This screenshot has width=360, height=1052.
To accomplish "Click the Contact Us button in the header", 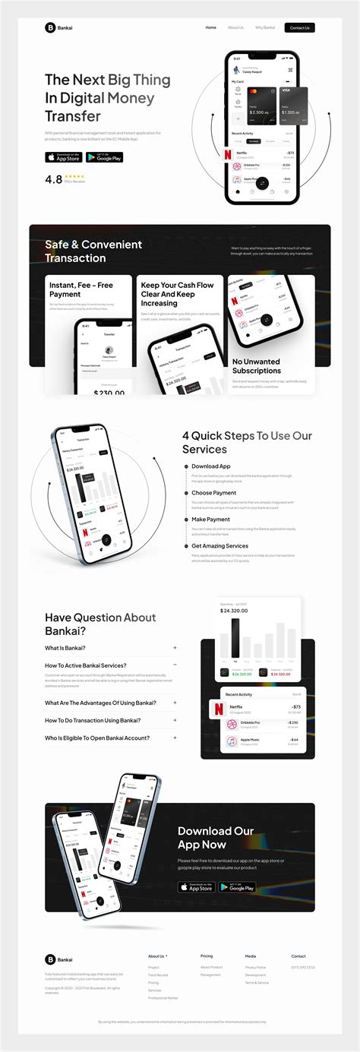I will (299, 28).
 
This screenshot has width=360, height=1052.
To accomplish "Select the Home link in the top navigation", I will (210, 28).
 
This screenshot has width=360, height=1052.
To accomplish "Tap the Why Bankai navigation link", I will (265, 28).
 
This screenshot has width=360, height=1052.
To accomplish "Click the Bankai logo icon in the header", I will (50, 28).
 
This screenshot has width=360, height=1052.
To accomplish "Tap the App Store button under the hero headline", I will (63, 157).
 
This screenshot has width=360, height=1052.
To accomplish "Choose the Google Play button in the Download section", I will (237, 886).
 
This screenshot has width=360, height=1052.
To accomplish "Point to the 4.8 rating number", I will (53, 180).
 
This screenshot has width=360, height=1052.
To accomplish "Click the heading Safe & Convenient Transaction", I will (93, 251).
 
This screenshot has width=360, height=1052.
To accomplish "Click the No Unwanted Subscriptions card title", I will (256, 366).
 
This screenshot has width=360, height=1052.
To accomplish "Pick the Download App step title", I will (210, 466).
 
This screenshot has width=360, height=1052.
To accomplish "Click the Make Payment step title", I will (210, 520).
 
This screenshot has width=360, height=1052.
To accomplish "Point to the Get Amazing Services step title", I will (219, 546).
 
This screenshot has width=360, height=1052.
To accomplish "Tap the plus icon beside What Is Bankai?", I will (175, 648).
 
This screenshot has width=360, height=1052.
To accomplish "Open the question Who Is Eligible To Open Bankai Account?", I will (96, 738).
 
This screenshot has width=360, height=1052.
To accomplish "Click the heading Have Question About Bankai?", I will (100, 624).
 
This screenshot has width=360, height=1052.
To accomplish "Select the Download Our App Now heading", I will (216, 837).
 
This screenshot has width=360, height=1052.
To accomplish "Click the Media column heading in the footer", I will (250, 956).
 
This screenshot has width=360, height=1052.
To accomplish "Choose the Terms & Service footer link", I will (257, 982).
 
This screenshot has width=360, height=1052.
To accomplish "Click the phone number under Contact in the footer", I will (302, 967).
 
